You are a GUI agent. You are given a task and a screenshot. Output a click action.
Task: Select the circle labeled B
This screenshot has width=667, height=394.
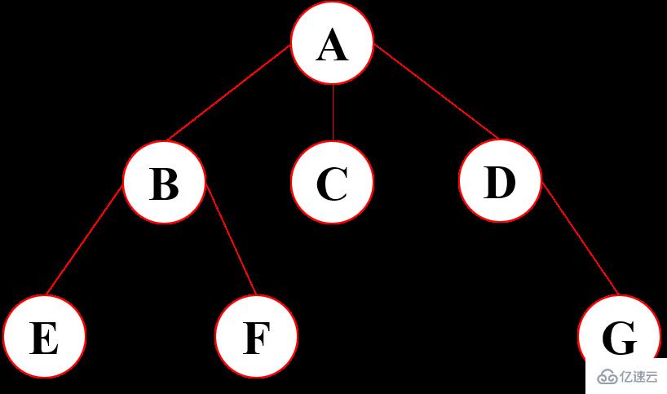click(164, 182)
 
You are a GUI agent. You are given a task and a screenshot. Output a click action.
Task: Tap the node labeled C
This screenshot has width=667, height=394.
click(333, 182)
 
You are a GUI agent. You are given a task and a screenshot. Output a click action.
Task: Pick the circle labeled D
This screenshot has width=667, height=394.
click(500, 181)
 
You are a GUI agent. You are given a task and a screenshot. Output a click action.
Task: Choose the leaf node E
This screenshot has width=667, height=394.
click(44, 337)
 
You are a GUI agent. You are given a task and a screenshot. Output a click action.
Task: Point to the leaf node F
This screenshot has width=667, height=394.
click(256, 337)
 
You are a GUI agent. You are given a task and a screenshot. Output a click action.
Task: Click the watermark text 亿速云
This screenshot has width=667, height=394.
click(638, 376)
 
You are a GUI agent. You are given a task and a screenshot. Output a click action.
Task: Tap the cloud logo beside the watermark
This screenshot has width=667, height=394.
click(607, 376)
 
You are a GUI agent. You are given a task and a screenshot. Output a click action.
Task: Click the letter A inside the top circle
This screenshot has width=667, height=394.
click(333, 45)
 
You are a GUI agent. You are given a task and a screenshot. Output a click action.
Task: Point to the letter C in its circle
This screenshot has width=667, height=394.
click(332, 184)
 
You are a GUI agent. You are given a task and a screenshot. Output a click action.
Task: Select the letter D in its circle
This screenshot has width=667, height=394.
click(500, 183)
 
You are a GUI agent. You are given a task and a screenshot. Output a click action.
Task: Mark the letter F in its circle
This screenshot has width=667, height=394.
click(256, 339)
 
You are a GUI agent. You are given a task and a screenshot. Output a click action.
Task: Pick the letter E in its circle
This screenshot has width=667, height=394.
click(44, 339)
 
